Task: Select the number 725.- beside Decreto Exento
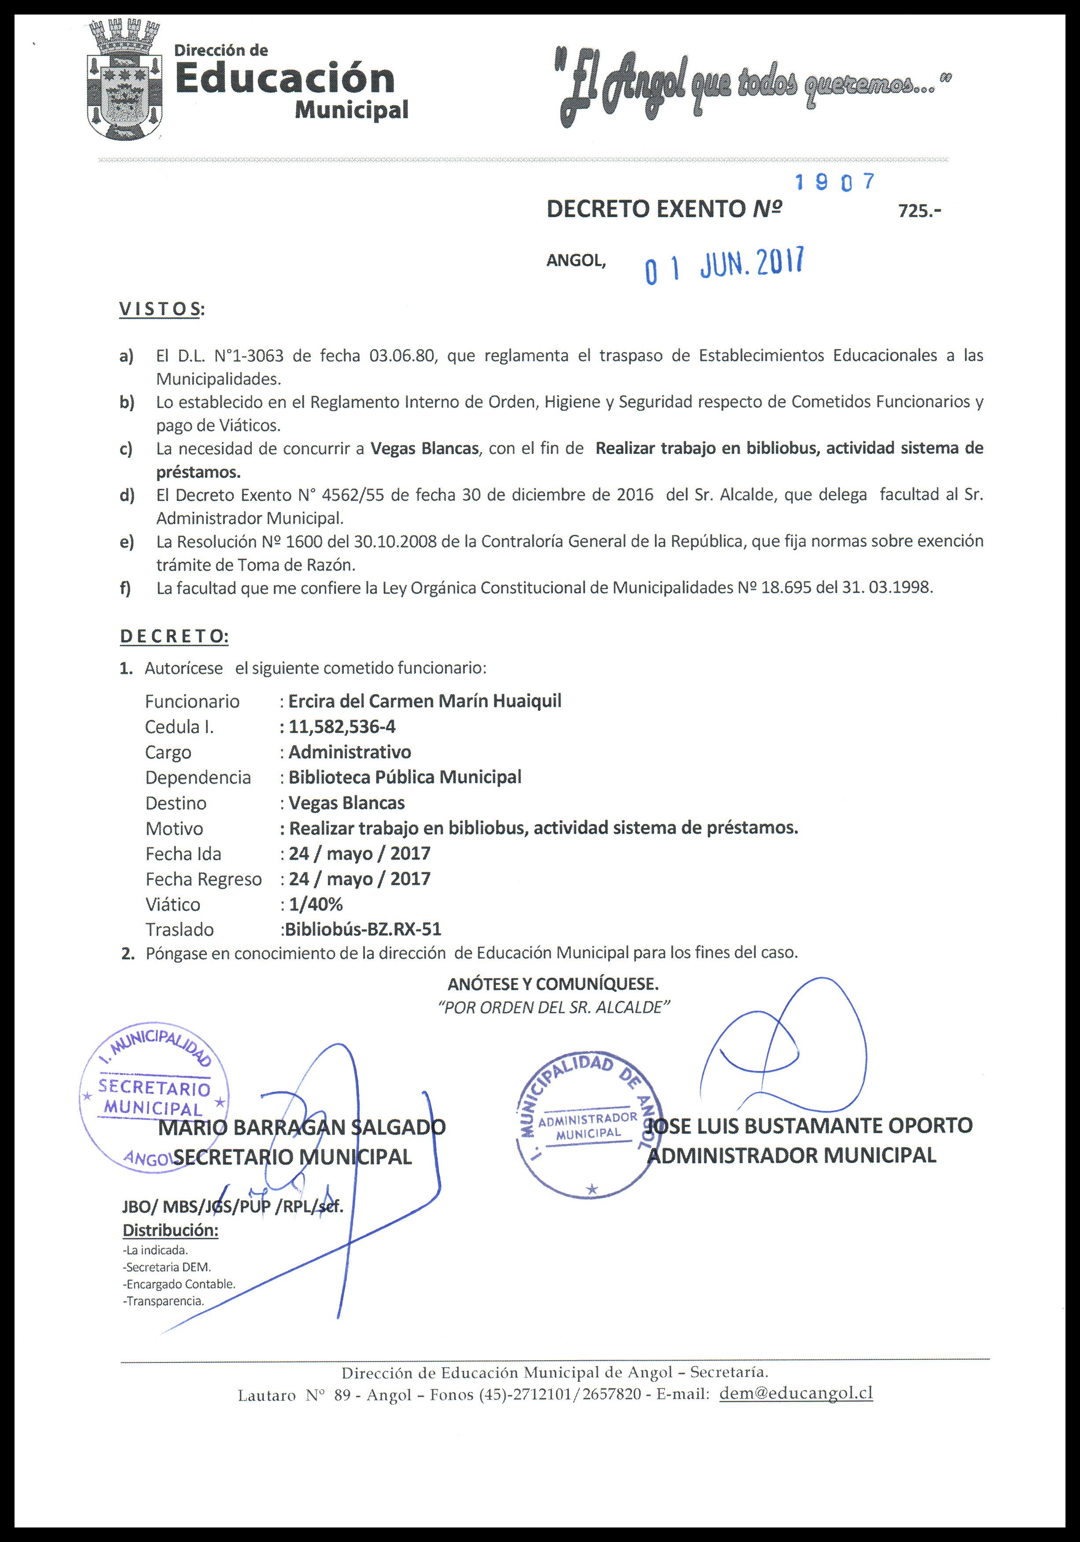click(x=919, y=211)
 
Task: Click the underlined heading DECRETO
click(x=174, y=636)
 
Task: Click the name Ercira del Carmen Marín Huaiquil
click(x=425, y=701)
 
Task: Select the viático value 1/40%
click(x=316, y=904)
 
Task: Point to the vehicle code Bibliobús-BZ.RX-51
click(x=363, y=930)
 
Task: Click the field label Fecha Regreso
click(x=203, y=879)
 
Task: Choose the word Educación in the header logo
click(x=285, y=79)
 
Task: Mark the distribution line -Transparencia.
click(x=163, y=1301)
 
